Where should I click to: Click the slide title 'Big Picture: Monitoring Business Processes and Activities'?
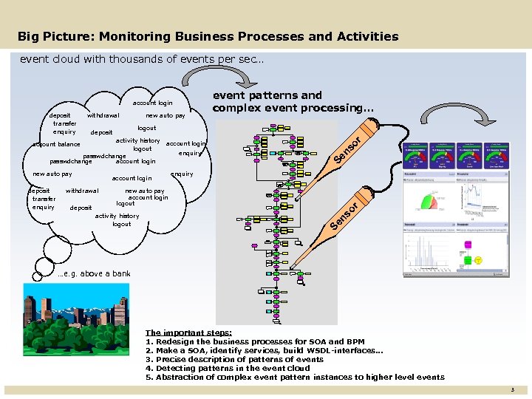(x=208, y=36)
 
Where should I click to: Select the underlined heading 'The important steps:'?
(x=188, y=332)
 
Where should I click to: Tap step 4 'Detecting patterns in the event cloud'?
(x=228, y=368)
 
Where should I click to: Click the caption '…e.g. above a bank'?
(x=94, y=273)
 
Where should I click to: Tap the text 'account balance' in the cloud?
(x=58, y=144)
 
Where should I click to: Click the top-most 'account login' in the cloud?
(x=153, y=103)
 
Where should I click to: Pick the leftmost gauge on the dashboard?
(x=417, y=153)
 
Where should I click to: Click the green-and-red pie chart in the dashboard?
(x=428, y=202)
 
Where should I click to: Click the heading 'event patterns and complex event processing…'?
(x=293, y=101)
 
